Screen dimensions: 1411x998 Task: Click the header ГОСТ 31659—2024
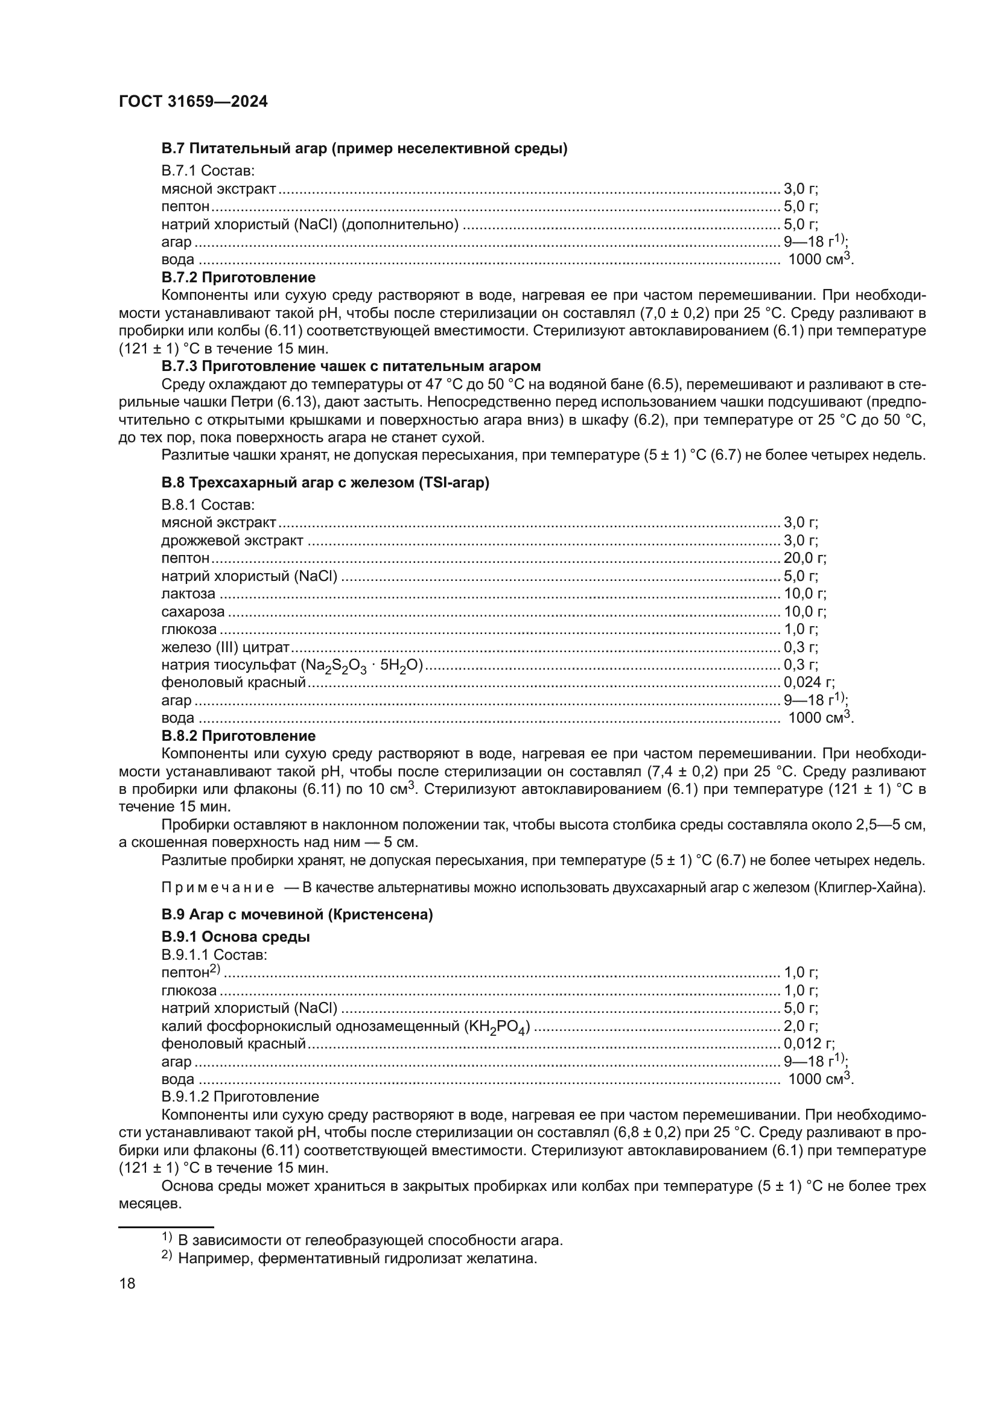pos(193,102)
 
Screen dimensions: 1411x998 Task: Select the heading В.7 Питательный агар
pos(364,149)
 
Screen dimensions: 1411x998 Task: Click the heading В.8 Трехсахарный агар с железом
pos(325,483)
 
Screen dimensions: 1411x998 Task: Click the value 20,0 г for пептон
pos(804,558)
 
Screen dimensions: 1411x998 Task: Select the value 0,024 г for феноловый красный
pos(808,682)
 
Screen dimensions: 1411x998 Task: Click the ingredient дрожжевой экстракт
pos(232,541)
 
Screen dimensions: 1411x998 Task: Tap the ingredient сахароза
pos(193,612)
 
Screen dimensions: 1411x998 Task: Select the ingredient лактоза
pos(188,594)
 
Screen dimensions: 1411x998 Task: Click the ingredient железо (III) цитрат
pos(225,647)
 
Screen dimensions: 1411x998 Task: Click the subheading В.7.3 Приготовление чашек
pos(351,366)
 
